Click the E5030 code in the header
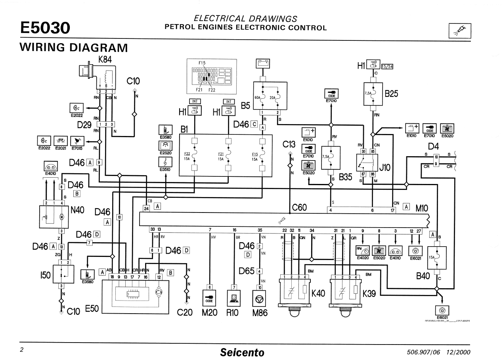45,28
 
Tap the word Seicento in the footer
242,352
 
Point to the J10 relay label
385,168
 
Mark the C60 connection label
300,207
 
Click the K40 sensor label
318,293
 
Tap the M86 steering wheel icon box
260,297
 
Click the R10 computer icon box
234,297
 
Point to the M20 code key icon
209,297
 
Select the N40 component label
77,210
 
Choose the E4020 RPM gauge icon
362,251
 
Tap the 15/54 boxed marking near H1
387,66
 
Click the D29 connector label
85,125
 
